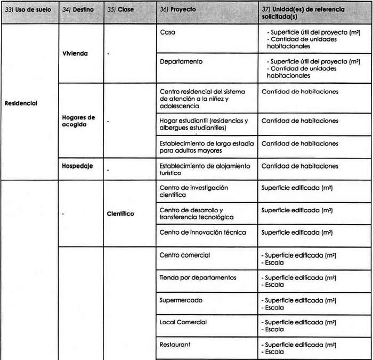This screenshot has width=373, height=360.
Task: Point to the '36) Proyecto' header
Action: pos(178,10)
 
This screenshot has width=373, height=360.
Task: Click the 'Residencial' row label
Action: pos(20,103)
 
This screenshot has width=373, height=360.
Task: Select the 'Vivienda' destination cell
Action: pos(75,53)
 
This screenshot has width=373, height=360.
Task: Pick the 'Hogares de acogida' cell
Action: pos(78,121)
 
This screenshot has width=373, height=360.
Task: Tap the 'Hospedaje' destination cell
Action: pos(77,166)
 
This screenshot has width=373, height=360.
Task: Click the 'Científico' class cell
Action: pos(120,214)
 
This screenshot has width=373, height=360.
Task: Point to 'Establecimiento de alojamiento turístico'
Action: pos(205,170)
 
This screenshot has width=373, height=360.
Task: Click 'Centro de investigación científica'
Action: pos(193,191)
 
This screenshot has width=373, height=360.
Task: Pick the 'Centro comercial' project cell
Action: pos(185,255)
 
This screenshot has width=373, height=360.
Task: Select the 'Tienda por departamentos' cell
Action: pos(198,277)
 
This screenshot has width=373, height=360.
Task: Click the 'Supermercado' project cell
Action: pos(181,300)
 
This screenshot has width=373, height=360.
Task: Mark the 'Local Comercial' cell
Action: pos(183,322)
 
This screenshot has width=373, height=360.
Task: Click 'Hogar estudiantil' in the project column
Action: pos(204,124)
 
